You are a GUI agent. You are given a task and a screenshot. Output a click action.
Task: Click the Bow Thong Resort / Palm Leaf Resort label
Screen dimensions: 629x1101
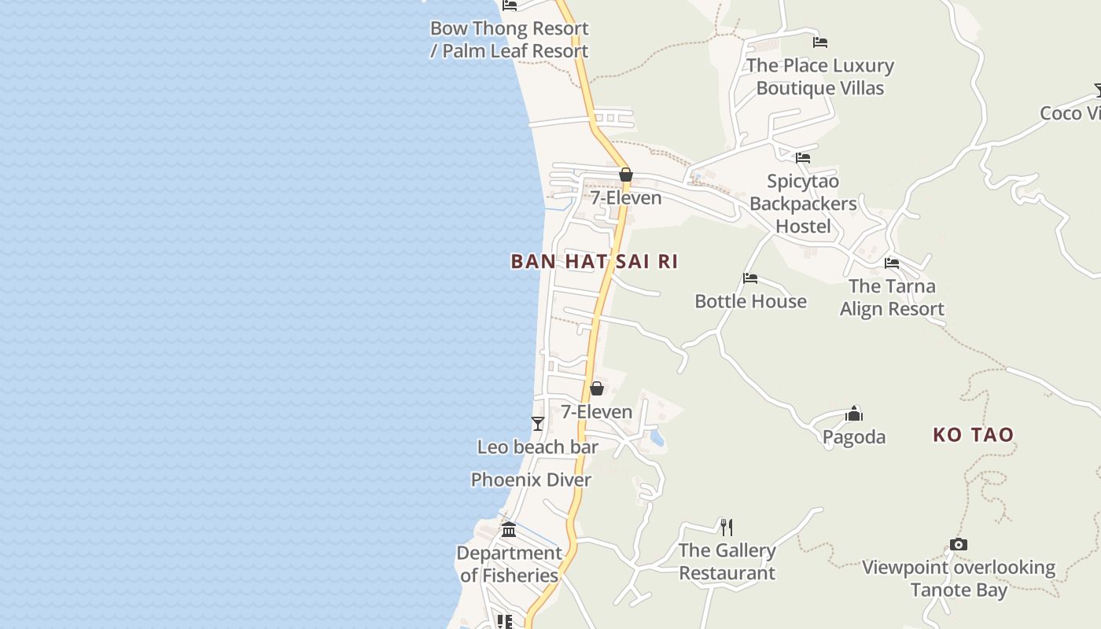pos(509,39)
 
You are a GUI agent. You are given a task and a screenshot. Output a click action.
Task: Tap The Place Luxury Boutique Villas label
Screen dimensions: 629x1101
pos(820,76)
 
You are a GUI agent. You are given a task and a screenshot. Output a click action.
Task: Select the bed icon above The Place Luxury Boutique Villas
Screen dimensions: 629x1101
pos(820,42)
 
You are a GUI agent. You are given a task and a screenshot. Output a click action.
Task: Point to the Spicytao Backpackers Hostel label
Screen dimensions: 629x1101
pos(802,204)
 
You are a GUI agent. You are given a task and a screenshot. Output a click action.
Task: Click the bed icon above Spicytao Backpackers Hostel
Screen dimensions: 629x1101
pos(802,158)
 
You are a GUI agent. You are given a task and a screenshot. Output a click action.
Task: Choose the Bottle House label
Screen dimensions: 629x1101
pos(750,301)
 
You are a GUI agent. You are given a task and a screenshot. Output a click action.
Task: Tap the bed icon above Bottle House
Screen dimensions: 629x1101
pos(750,278)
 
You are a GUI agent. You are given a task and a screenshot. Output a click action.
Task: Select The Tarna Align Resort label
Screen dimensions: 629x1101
pos(892,297)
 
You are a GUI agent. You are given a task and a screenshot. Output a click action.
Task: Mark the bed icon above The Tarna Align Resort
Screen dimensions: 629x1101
pos(892,263)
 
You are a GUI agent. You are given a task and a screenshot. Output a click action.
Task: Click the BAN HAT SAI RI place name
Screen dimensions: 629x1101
pos(594,261)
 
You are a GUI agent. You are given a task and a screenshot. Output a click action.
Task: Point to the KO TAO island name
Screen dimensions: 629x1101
pos(973,435)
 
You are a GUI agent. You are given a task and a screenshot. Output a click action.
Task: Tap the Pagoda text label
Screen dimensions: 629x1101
pos(854,436)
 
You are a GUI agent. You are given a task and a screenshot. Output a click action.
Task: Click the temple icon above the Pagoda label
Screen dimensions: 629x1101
pos(854,414)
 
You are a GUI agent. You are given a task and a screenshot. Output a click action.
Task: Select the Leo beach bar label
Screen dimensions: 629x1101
pos(538,447)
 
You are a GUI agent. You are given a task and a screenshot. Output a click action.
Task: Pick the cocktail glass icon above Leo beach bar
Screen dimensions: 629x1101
pos(538,424)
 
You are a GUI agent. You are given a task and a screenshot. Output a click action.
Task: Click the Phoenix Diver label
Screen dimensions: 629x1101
pos(531,480)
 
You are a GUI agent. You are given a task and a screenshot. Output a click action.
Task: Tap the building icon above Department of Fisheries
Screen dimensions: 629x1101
pos(509,529)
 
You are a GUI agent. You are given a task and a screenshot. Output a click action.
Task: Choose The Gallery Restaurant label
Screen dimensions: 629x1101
pos(727,561)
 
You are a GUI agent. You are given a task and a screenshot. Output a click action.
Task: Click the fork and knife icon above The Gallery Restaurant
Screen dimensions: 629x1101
pos(727,527)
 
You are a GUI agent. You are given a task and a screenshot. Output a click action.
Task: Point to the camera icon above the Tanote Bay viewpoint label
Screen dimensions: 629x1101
pos(958,544)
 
